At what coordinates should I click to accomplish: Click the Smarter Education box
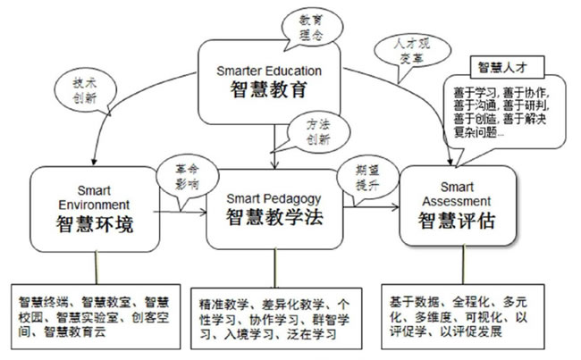tap(267, 81)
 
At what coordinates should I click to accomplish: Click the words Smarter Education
tap(268, 70)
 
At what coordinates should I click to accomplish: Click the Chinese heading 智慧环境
tap(95, 224)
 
